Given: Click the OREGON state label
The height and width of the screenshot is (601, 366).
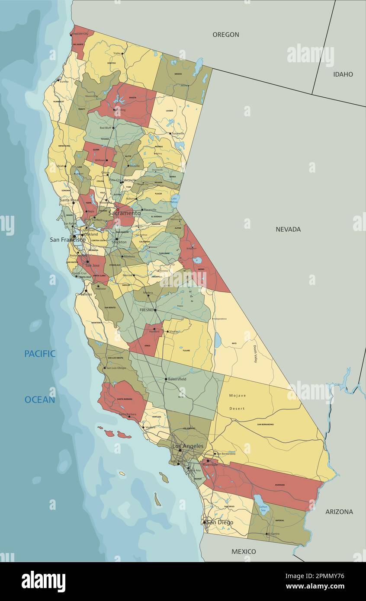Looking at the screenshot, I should [225, 35].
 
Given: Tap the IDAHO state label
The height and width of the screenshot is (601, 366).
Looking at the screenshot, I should [343, 74].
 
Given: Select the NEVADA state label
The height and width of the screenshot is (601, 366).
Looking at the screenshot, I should [288, 229].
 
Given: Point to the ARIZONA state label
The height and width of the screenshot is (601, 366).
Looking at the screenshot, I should [339, 511].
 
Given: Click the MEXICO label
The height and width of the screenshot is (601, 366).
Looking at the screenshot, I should [244, 551].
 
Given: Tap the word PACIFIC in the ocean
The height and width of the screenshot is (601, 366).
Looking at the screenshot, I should [40, 354].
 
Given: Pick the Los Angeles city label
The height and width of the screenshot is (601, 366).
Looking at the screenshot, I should [188, 446].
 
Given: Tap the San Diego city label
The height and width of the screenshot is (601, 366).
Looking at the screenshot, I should [220, 522].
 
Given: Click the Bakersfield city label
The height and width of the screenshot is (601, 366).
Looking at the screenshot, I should [177, 379].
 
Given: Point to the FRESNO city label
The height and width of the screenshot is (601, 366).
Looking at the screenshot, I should [147, 310].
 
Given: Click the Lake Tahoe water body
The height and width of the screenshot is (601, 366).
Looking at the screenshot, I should [174, 200].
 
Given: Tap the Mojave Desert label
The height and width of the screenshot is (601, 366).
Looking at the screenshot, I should [237, 402].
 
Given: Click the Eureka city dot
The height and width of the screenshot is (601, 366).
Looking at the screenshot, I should [59, 80].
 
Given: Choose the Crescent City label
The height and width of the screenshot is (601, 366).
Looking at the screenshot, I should [83, 33].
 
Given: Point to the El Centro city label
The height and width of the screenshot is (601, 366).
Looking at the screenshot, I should [274, 534].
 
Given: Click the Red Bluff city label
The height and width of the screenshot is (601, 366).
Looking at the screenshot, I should [106, 128].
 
